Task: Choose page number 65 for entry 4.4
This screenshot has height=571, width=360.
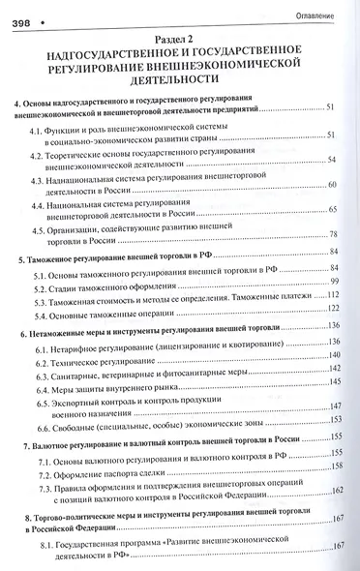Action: click(332, 209)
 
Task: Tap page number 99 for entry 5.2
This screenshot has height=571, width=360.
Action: click(335, 280)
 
